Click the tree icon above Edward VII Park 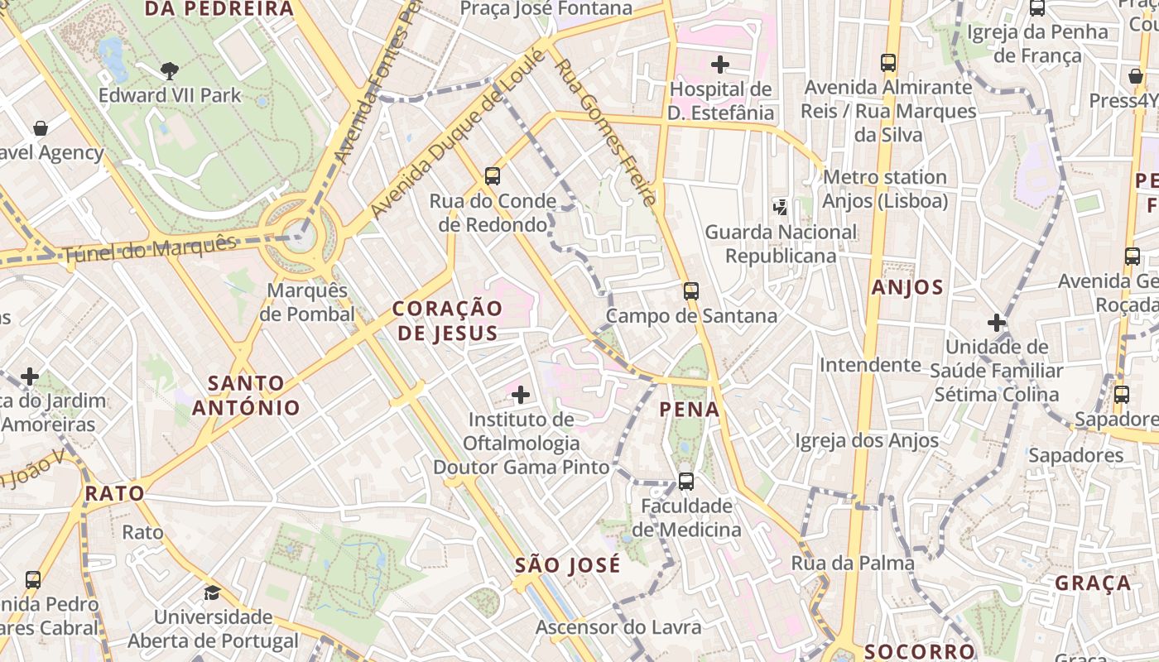170,71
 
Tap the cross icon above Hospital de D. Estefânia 720,64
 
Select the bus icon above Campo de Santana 691,291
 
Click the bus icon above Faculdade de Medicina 686,481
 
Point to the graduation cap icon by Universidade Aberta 213,593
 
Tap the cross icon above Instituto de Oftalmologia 521,395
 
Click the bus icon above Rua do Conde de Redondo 493,175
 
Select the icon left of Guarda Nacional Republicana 780,206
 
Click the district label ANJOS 907,288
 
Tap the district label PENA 690,409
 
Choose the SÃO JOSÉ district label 567,566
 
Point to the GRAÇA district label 1093,583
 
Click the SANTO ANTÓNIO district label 247,396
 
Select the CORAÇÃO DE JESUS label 447,320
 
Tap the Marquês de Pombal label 307,303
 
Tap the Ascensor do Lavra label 618,627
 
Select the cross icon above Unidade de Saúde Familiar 997,322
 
